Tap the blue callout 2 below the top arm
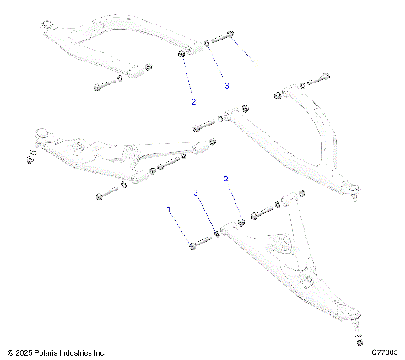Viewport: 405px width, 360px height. click(193, 102)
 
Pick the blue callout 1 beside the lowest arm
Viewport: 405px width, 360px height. click(169, 208)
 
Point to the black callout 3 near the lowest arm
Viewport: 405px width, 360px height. click(197, 193)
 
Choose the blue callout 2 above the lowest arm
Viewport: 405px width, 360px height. click(226, 180)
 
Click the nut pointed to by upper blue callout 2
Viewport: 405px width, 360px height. click(182, 56)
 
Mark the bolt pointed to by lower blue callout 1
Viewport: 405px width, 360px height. click(200, 244)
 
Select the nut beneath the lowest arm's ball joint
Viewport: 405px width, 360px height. click(359, 340)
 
